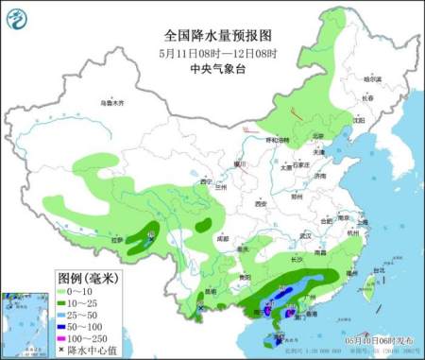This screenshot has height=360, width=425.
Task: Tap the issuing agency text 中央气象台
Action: pos(212,69)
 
